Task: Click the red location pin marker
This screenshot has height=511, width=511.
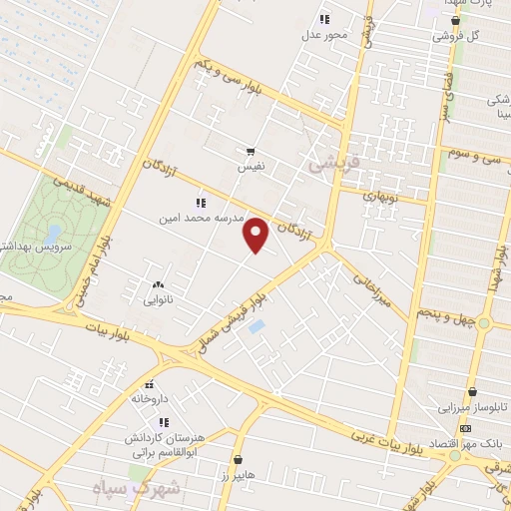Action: click(x=256, y=236)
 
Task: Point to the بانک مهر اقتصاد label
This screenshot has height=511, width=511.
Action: click(x=468, y=441)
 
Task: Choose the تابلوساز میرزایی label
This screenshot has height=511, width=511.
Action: click(x=451, y=408)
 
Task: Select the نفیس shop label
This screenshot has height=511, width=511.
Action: click(x=250, y=168)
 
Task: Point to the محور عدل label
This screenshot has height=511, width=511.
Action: click(x=323, y=35)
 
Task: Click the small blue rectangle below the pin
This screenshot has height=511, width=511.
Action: click(x=256, y=326)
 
